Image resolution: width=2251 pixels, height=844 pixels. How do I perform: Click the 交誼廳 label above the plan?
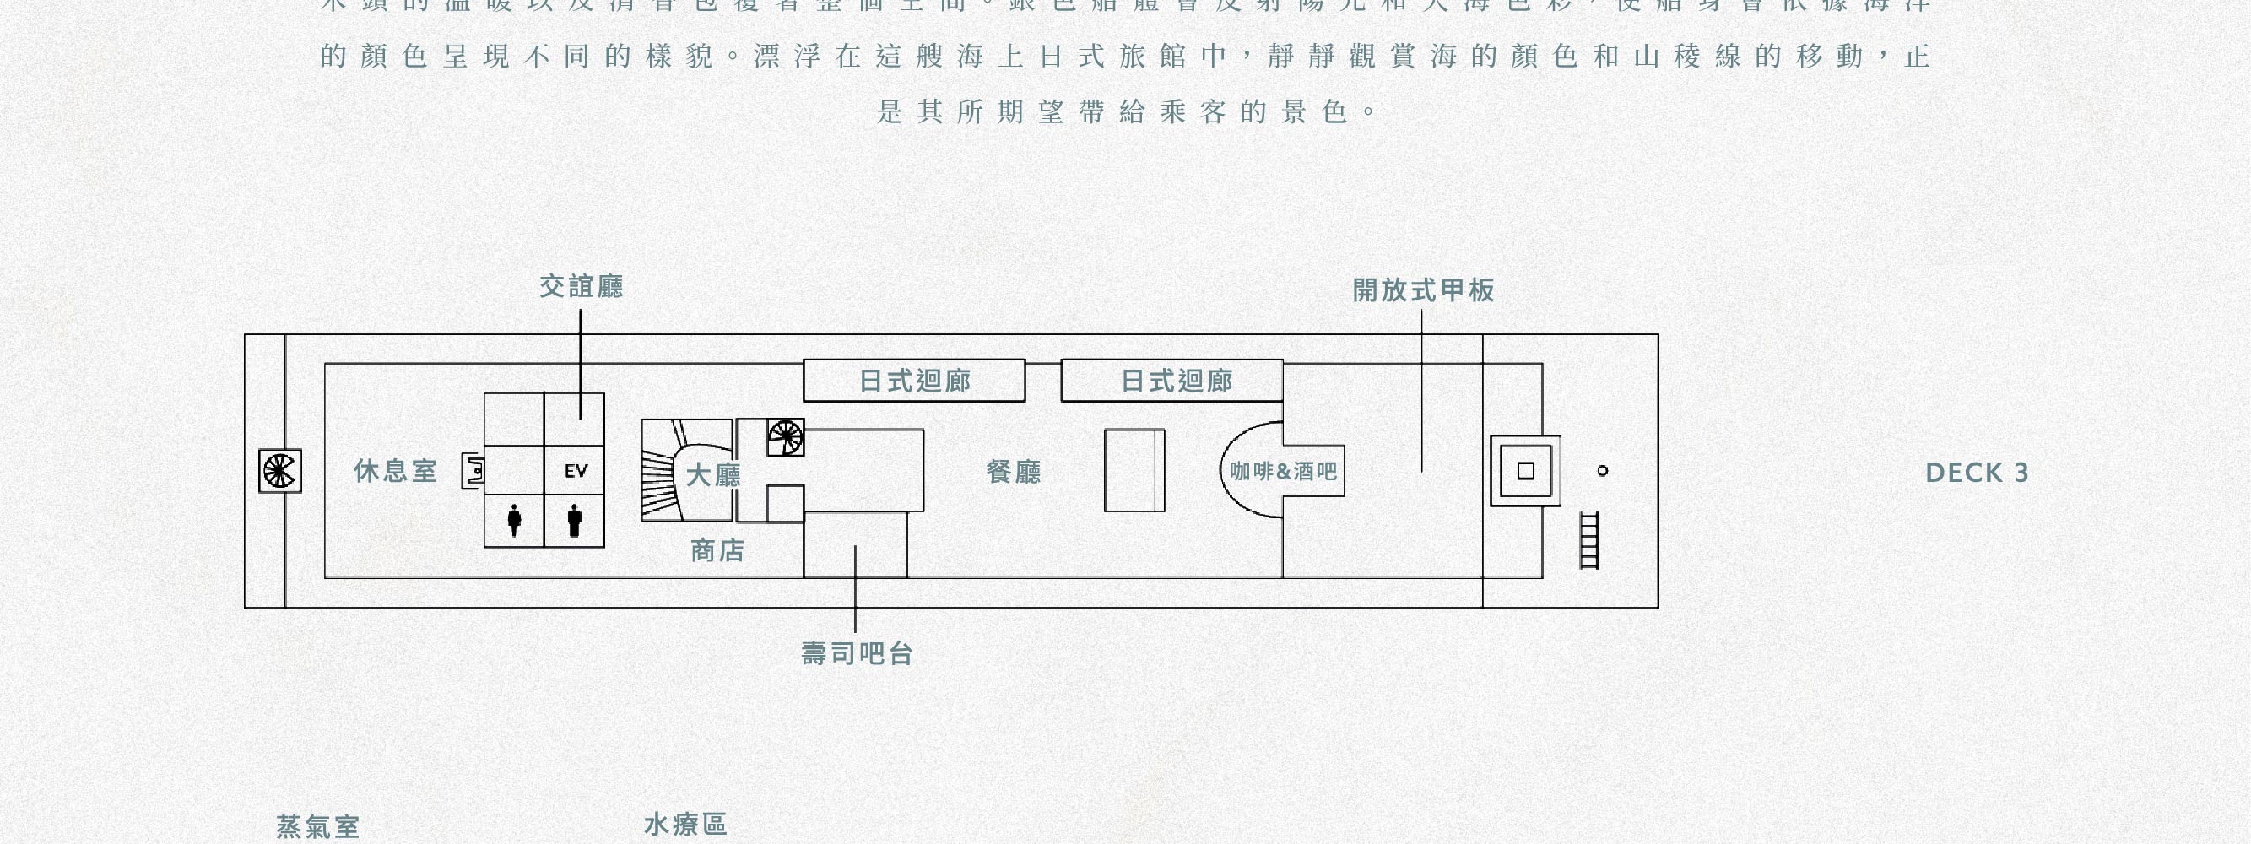click(x=581, y=287)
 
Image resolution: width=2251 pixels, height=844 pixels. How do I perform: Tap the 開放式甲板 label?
click(x=1424, y=290)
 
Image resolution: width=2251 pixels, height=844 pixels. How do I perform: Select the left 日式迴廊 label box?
click(x=914, y=381)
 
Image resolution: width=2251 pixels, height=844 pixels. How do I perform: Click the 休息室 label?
click(x=395, y=472)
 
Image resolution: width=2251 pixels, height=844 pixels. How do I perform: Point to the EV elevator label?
click(x=576, y=472)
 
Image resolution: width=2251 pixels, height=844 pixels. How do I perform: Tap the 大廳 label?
click(x=712, y=475)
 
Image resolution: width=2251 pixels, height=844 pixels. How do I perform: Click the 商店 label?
click(x=717, y=550)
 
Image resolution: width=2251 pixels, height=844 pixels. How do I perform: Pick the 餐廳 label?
click(x=1014, y=473)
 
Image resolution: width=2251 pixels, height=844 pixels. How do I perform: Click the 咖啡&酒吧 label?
click(x=1284, y=472)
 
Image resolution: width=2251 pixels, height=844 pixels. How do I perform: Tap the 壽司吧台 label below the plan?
click(x=858, y=653)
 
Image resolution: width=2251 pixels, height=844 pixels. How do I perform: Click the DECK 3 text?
click(x=1977, y=473)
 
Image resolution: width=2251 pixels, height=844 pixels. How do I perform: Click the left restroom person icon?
click(x=515, y=520)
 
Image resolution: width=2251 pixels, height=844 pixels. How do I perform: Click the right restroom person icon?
click(x=574, y=520)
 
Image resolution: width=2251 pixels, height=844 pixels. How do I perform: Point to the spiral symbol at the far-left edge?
click(x=279, y=471)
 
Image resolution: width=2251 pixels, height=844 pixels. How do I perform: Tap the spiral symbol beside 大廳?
click(x=786, y=438)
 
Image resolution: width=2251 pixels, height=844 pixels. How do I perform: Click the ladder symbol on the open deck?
click(x=1589, y=540)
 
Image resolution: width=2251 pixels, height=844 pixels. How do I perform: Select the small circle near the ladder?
click(x=1603, y=471)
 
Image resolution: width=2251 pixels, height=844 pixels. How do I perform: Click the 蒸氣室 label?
click(x=318, y=826)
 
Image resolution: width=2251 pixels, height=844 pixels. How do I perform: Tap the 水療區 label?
click(x=685, y=825)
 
